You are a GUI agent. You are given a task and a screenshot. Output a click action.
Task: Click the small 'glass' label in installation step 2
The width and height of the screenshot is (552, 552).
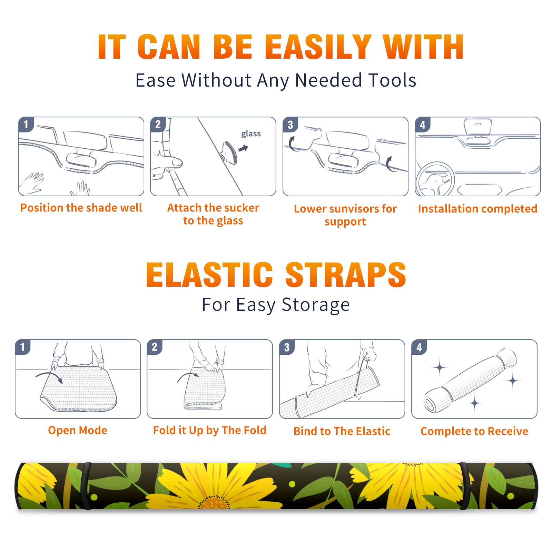[251, 134]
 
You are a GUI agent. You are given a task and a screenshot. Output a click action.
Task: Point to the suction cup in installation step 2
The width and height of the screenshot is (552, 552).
[229, 152]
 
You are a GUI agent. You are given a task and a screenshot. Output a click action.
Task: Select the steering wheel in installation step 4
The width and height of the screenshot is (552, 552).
[435, 179]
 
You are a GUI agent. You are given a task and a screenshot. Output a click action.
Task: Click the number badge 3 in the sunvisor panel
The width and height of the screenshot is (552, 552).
[290, 125]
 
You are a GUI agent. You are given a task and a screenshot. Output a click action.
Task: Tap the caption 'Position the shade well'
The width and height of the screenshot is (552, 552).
[81, 208]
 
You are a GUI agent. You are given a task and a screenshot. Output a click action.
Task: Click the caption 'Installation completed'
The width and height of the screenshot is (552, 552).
[477, 208]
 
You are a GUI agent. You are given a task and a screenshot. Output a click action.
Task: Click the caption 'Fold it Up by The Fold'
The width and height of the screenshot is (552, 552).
[210, 430]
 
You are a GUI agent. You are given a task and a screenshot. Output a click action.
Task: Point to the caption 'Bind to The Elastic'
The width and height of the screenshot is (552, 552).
[342, 431]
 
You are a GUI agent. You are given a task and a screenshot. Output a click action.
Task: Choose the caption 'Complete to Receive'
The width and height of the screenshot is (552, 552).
[474, 431]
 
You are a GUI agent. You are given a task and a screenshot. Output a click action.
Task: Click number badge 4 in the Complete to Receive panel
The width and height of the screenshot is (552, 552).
[419, 347]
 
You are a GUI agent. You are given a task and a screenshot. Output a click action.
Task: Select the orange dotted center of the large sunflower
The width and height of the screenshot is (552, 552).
[214, 503]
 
